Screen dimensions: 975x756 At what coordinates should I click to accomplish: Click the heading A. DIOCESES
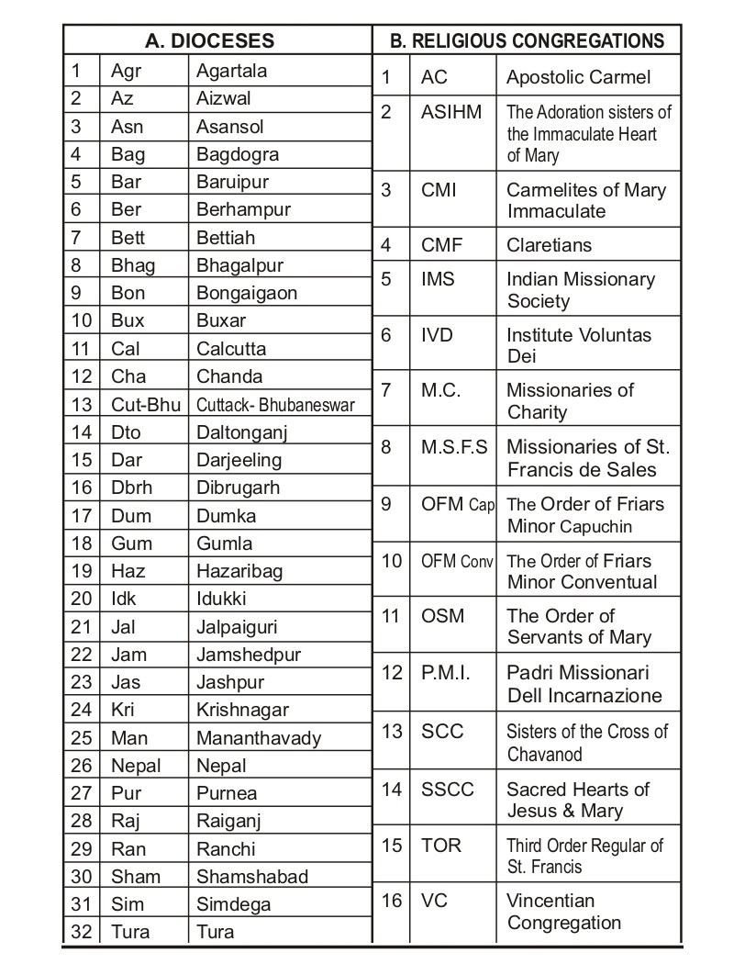click(x=210, y=40)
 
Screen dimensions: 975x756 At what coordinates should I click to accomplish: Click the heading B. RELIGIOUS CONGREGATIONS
click(x=528, y=40)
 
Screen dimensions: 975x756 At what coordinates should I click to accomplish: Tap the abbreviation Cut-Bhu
click(x=146, y=404)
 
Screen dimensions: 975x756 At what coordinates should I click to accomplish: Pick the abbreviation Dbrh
click(x=131, y=487)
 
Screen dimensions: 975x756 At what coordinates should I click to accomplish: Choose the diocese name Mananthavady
click(x=259, y=738)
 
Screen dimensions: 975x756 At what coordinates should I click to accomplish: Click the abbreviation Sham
click(x=135, y=877)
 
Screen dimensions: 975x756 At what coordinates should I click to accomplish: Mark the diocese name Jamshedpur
click(x=249, y=655)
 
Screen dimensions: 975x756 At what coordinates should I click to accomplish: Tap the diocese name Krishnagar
click(x=242, y=710)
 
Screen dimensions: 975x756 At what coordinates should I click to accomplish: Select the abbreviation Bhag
click(x=133, y=265)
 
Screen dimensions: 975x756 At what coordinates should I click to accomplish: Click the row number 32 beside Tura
click(x=82, y=932)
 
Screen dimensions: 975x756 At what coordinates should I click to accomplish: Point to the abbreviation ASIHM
click(x=451, y=112)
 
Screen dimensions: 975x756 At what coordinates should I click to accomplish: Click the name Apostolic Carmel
click(x=578, y=77)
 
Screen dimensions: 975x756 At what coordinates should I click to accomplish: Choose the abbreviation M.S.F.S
click(x=455, y=447)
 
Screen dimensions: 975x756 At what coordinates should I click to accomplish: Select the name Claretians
click(x=550, y=245)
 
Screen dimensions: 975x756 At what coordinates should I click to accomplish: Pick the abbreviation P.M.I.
click(x=446, y=673)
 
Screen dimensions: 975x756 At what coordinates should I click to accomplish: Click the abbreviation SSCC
click(x=448, y=789)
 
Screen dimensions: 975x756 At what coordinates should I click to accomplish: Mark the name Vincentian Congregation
click(x=563, y=912)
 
